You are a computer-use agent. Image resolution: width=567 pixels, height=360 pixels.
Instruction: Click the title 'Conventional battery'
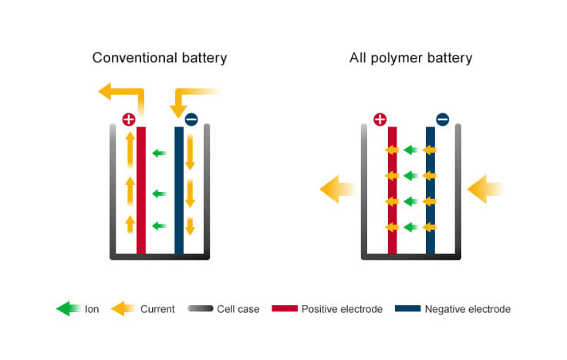(160, 58)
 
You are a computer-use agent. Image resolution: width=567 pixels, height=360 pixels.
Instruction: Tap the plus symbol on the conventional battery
(129, 119)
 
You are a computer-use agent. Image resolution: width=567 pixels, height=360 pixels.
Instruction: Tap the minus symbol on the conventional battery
(191, 119)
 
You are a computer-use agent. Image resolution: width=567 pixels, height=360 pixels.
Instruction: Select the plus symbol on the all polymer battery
(380, 119)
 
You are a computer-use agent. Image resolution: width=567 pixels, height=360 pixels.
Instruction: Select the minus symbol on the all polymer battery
(442, 119)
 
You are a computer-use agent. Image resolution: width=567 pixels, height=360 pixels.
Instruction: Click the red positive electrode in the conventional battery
(141, 193)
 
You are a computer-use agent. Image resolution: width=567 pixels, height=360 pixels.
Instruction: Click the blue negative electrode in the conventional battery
(179, 193)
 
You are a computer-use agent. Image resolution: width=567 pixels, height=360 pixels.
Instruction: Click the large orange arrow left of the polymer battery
(336, 189)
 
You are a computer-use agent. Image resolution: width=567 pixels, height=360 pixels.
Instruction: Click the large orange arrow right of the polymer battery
(485, 189)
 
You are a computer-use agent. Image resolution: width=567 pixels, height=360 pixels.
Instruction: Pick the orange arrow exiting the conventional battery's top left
(120, 93)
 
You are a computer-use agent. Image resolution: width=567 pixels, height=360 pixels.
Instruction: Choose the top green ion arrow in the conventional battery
(159, 153)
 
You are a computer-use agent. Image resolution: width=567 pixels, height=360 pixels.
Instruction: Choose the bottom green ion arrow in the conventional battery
(159, 226)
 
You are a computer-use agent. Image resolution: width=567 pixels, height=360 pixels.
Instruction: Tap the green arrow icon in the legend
(67, 309)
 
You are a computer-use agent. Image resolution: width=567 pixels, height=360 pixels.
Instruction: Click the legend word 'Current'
(157, 309)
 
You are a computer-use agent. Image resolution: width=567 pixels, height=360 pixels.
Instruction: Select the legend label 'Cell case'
(238, 309)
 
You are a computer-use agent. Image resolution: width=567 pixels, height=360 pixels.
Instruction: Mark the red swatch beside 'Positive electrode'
(283, 309)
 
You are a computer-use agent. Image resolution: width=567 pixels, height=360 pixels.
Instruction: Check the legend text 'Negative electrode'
(467, 309)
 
